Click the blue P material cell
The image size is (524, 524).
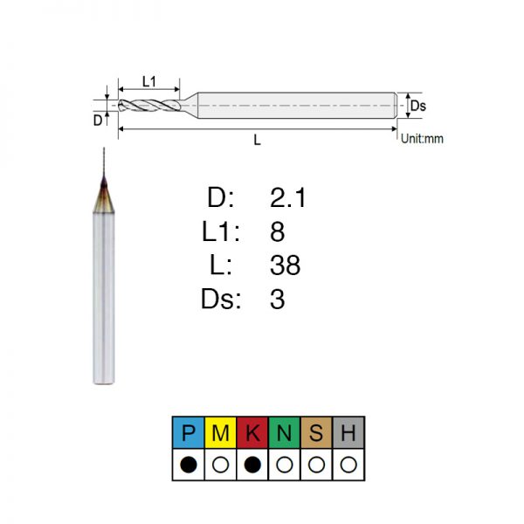(189, 432)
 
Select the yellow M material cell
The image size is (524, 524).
(220, 432)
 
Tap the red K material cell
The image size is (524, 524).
(252, 432)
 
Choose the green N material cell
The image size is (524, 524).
(285, 432)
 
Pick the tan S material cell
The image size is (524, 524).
(316, 432)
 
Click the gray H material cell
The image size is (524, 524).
(348, 432)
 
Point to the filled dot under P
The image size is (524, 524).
(189, 465)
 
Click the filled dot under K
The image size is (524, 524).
(252, 465)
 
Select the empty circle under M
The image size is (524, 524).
(221, 465)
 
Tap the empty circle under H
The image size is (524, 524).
(348, 465)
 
